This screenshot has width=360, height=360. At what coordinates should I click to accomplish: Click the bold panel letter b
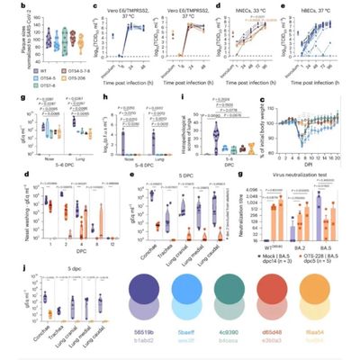7,7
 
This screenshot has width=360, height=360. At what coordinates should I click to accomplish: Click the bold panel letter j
7,265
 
